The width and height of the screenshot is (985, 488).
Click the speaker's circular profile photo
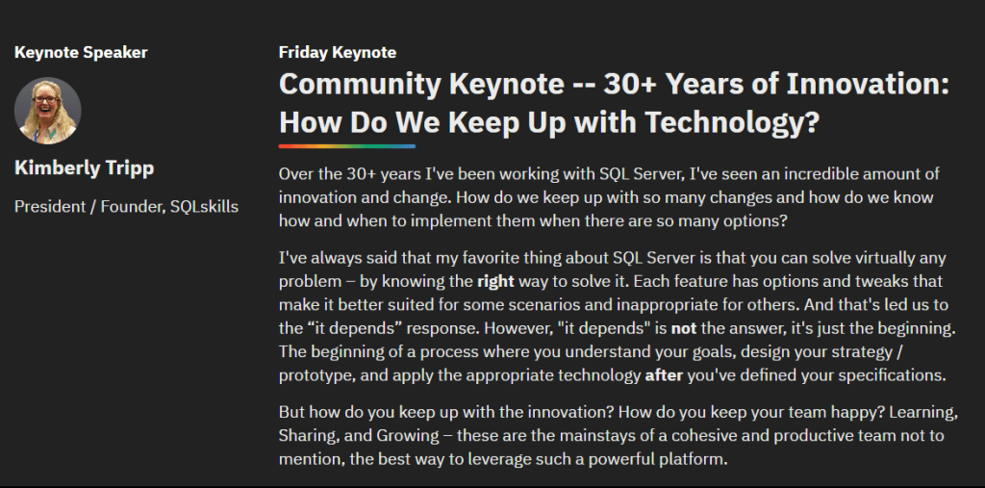pyautogui.click(x=48, y=111)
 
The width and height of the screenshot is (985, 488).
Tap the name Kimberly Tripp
pyautogui.click(x=85, y=167)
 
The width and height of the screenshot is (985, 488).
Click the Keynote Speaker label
pyautogui.click(x=81, y=52)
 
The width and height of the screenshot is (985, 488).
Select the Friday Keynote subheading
pyautogui.click(x=338, y=52)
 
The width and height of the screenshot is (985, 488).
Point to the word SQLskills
pyautogui.click(x=204, y=206)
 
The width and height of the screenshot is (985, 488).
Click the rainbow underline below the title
pyautogui.click(x=347, y=146)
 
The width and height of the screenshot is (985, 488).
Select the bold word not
pyautogui.click(x=684, y=327)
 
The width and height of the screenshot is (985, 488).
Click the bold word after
pyautogui.click(x=664, y=375)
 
